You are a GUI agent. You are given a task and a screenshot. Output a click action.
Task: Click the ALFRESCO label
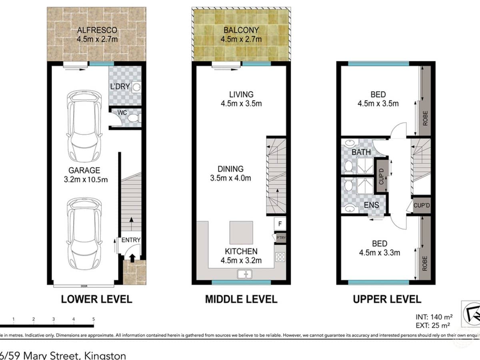97,30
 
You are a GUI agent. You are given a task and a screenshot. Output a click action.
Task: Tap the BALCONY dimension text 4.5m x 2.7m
241,39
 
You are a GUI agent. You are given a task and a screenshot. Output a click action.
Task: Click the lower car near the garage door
84,234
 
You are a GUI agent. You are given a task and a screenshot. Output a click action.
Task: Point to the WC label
122,113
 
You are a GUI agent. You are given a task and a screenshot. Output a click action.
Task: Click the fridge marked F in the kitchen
279,223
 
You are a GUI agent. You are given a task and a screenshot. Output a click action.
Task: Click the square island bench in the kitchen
242,232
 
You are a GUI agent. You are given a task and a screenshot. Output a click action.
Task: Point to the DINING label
230,169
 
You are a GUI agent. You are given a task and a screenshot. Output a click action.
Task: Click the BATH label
361,152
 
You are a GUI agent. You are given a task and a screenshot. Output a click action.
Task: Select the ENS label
372,206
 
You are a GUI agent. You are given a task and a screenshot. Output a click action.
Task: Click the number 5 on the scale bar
94,319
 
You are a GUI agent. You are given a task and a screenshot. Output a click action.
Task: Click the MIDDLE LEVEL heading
241,299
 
